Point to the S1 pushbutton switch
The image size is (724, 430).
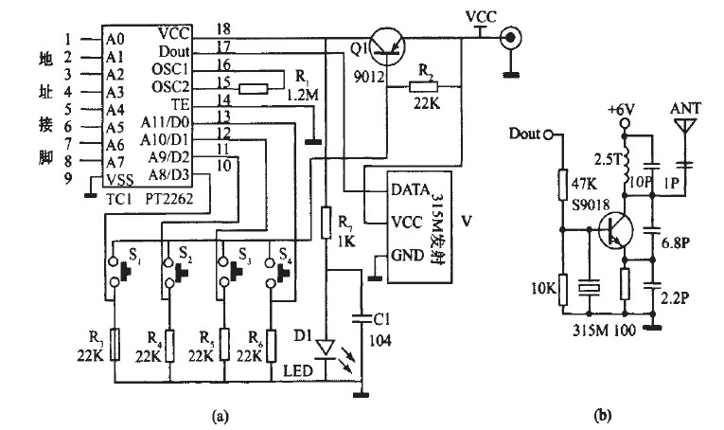click(x=117, y=267)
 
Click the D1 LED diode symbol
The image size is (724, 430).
click(x=327, y=349)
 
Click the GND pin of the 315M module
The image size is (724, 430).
click(x=408, y=255)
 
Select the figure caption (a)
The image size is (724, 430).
click(x=220, y=414)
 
